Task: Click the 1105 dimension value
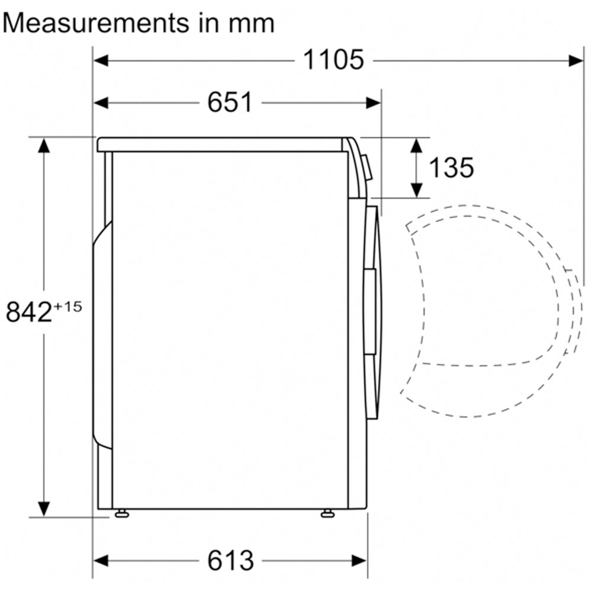pos(333,60)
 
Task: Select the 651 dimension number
pos(230,102)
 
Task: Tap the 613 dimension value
pos(230,561)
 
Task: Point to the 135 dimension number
pos(452,168)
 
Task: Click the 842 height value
pos(28,312)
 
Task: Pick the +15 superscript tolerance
pos(67,306)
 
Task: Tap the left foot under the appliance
pos(121,513)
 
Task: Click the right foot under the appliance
pos(327,513)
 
